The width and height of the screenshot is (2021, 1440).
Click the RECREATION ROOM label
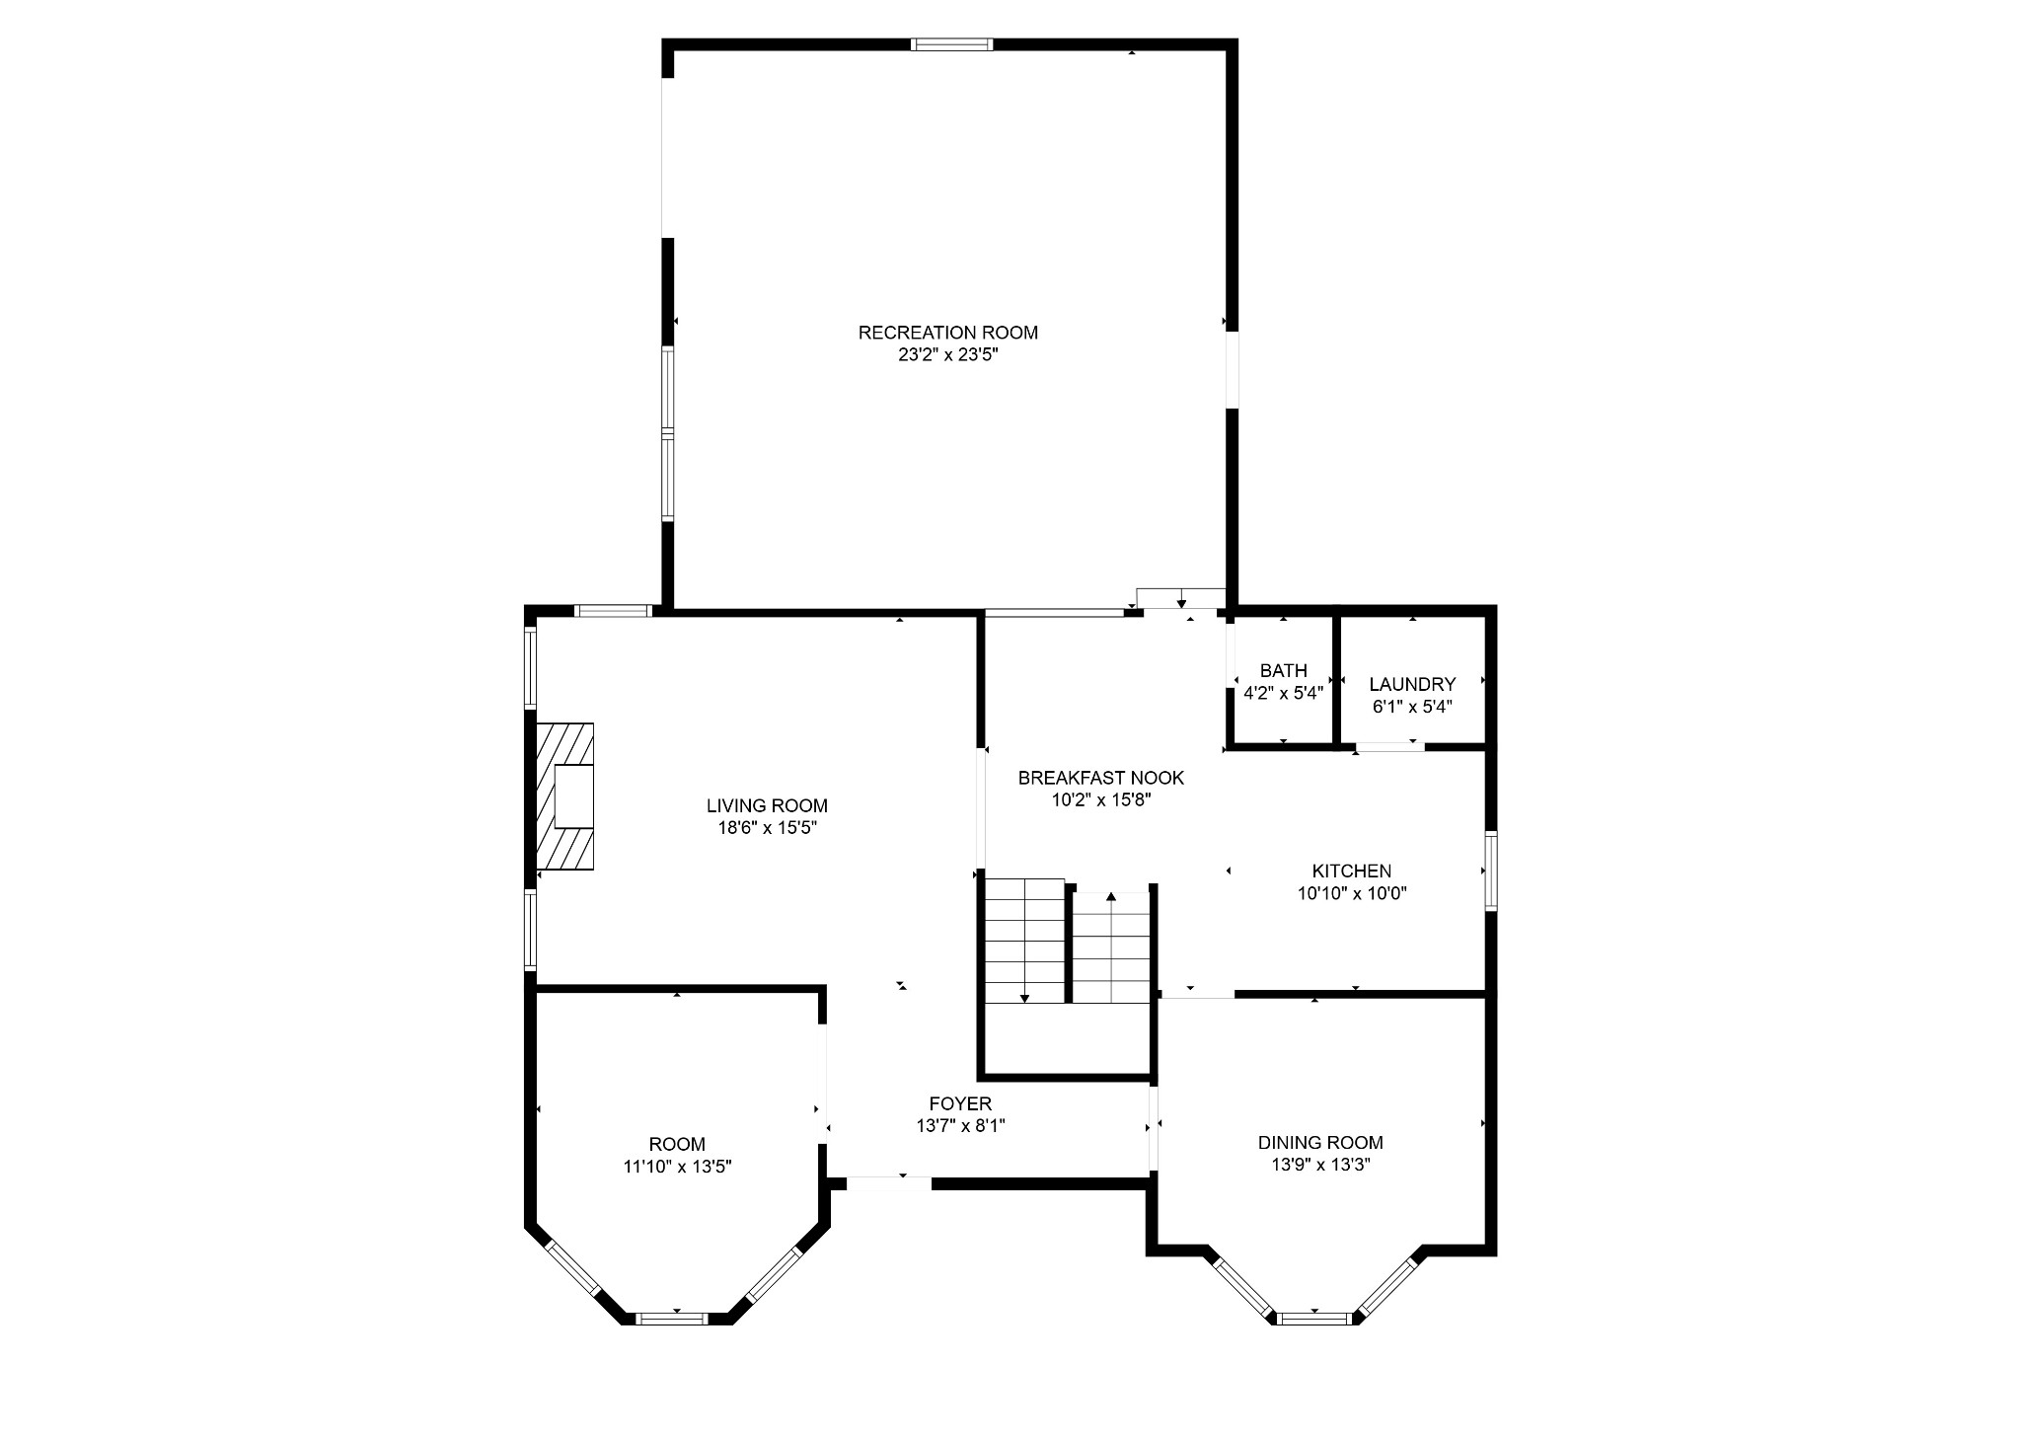947,333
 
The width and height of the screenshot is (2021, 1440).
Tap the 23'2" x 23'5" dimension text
948,355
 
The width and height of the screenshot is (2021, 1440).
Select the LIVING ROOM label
767,805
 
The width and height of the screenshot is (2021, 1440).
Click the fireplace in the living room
565,797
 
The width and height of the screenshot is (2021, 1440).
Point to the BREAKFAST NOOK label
1101,778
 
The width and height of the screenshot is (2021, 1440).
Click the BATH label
1283,671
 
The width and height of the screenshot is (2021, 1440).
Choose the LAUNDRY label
1412,684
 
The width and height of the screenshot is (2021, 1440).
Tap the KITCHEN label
1351,872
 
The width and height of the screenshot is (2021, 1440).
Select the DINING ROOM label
1320,1143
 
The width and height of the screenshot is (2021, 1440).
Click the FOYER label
960,1103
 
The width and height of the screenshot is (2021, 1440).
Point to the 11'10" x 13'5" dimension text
677,1167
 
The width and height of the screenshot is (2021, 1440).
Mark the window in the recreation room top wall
951,43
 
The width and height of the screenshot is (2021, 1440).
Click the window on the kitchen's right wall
1491,871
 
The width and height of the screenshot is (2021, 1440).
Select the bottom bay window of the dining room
1313,1318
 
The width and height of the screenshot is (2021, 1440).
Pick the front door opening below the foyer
888,1183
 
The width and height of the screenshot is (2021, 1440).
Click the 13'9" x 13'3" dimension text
1320,1165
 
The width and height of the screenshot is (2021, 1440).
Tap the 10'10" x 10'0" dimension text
1351,894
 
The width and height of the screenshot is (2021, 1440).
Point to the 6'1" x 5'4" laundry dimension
1412,707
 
